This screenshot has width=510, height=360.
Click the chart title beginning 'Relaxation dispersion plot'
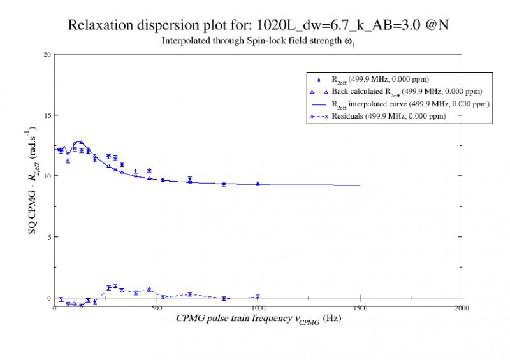click(x=261, y=26)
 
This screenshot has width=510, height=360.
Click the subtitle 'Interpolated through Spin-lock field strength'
click(x=255, y=43)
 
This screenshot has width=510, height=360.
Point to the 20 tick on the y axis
click(x=47, y=54)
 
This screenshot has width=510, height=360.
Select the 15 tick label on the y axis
click(x=47, y=115)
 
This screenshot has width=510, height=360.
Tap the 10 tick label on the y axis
click(x=47, y=176)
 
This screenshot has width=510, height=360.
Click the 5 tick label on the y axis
click(x=49, y=237)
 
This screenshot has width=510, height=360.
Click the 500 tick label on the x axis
click(x=156, y=307)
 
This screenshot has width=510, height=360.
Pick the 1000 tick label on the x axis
click(x=258, y=307)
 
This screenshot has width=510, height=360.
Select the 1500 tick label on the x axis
click(x=360, y=307)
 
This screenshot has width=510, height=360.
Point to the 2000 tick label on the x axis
click(x=462, y=307)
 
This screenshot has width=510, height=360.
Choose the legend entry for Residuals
click(x=388, y=117)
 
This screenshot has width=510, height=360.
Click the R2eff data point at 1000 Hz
click(x=258, y=184)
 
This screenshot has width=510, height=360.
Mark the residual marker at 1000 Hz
click(x=258, y=297)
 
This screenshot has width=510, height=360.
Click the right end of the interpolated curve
click(x=360, y=185)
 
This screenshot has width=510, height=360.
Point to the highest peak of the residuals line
click(x=115, y=286)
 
